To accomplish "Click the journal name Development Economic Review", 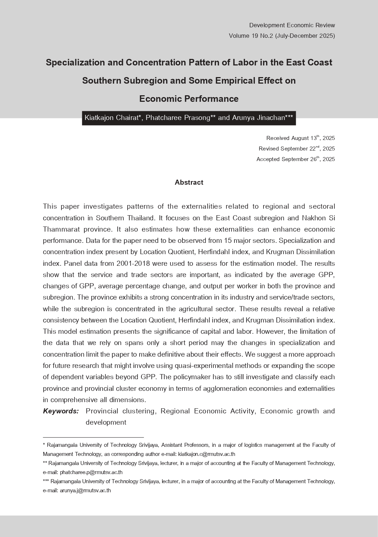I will [292, 25].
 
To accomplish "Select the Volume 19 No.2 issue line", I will [282, 36].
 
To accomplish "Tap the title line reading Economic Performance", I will [189, 99].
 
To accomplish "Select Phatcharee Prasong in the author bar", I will [178, 118].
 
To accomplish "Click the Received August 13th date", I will [300, 138].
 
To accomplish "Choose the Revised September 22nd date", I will [297, 149].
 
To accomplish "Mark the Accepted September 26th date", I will [295, 159].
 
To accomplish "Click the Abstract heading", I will [189, 183].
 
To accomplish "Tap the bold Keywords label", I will [61, 411].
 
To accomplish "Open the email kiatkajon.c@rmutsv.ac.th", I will [206, 454].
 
